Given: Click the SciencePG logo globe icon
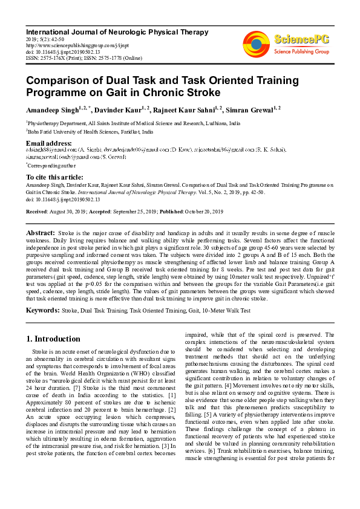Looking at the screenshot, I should [257, 45].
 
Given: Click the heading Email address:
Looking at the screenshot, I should [50, 143].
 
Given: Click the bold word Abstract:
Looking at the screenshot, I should [41, 233].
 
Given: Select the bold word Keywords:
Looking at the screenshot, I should [42, 310].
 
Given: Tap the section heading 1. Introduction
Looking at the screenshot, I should [54, 339].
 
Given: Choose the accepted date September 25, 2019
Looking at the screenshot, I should [133, 212].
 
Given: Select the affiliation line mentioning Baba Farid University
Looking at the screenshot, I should [90, 131].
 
